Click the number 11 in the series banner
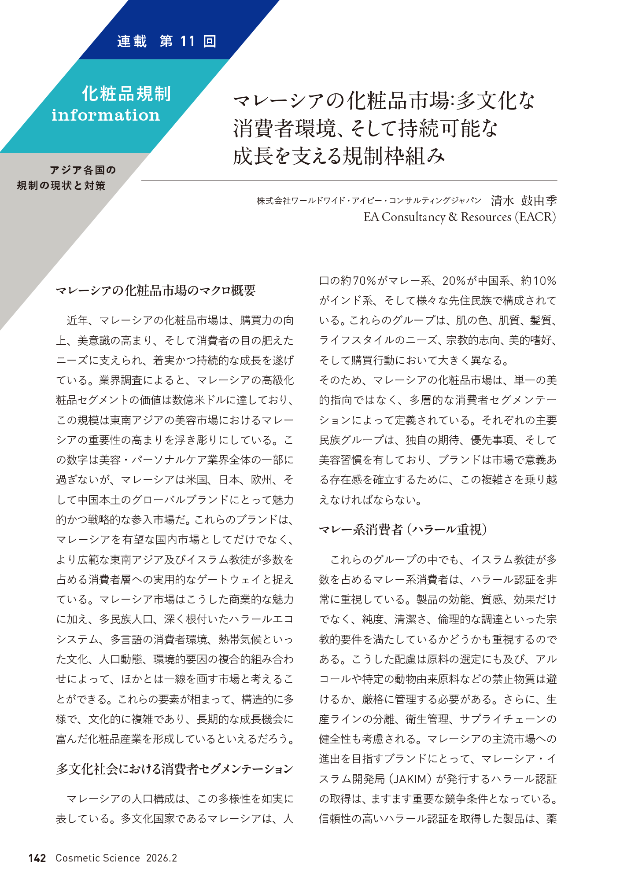(x=187, y=41)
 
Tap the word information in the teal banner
(x=106, y=115)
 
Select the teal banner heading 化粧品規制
(x=126, y=94)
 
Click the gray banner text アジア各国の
(x=83, y=170)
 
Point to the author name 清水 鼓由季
(x=524, y=201)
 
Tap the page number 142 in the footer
(x=37, y=858)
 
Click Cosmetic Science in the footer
(x=98, y=858)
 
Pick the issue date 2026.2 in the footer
(x=162, y=858)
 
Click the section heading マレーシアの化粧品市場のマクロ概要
(x=156, y=291)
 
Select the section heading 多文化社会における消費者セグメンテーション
(x=174, y=769)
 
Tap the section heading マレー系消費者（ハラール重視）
(x=403, y=529)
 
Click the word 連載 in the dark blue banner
(x=132, y=41)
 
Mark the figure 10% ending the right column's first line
(x=544, y=281)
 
